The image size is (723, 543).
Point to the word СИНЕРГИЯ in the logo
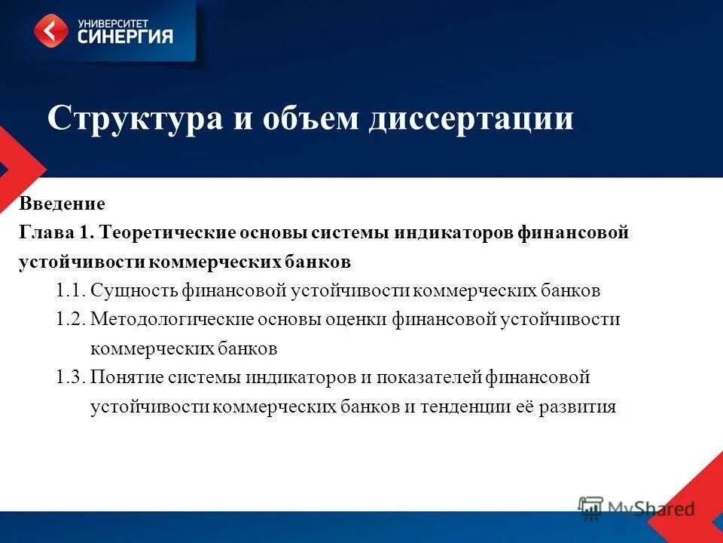[125, 36]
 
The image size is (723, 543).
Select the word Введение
[62, 204]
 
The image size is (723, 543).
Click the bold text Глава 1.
[56, 233]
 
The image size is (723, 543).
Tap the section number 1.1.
[71, 291]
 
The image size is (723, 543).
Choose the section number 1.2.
[71, 320]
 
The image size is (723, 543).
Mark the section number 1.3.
[71, 378]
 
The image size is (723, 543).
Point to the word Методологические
[172, 320]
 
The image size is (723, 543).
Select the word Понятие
[127, 378]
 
